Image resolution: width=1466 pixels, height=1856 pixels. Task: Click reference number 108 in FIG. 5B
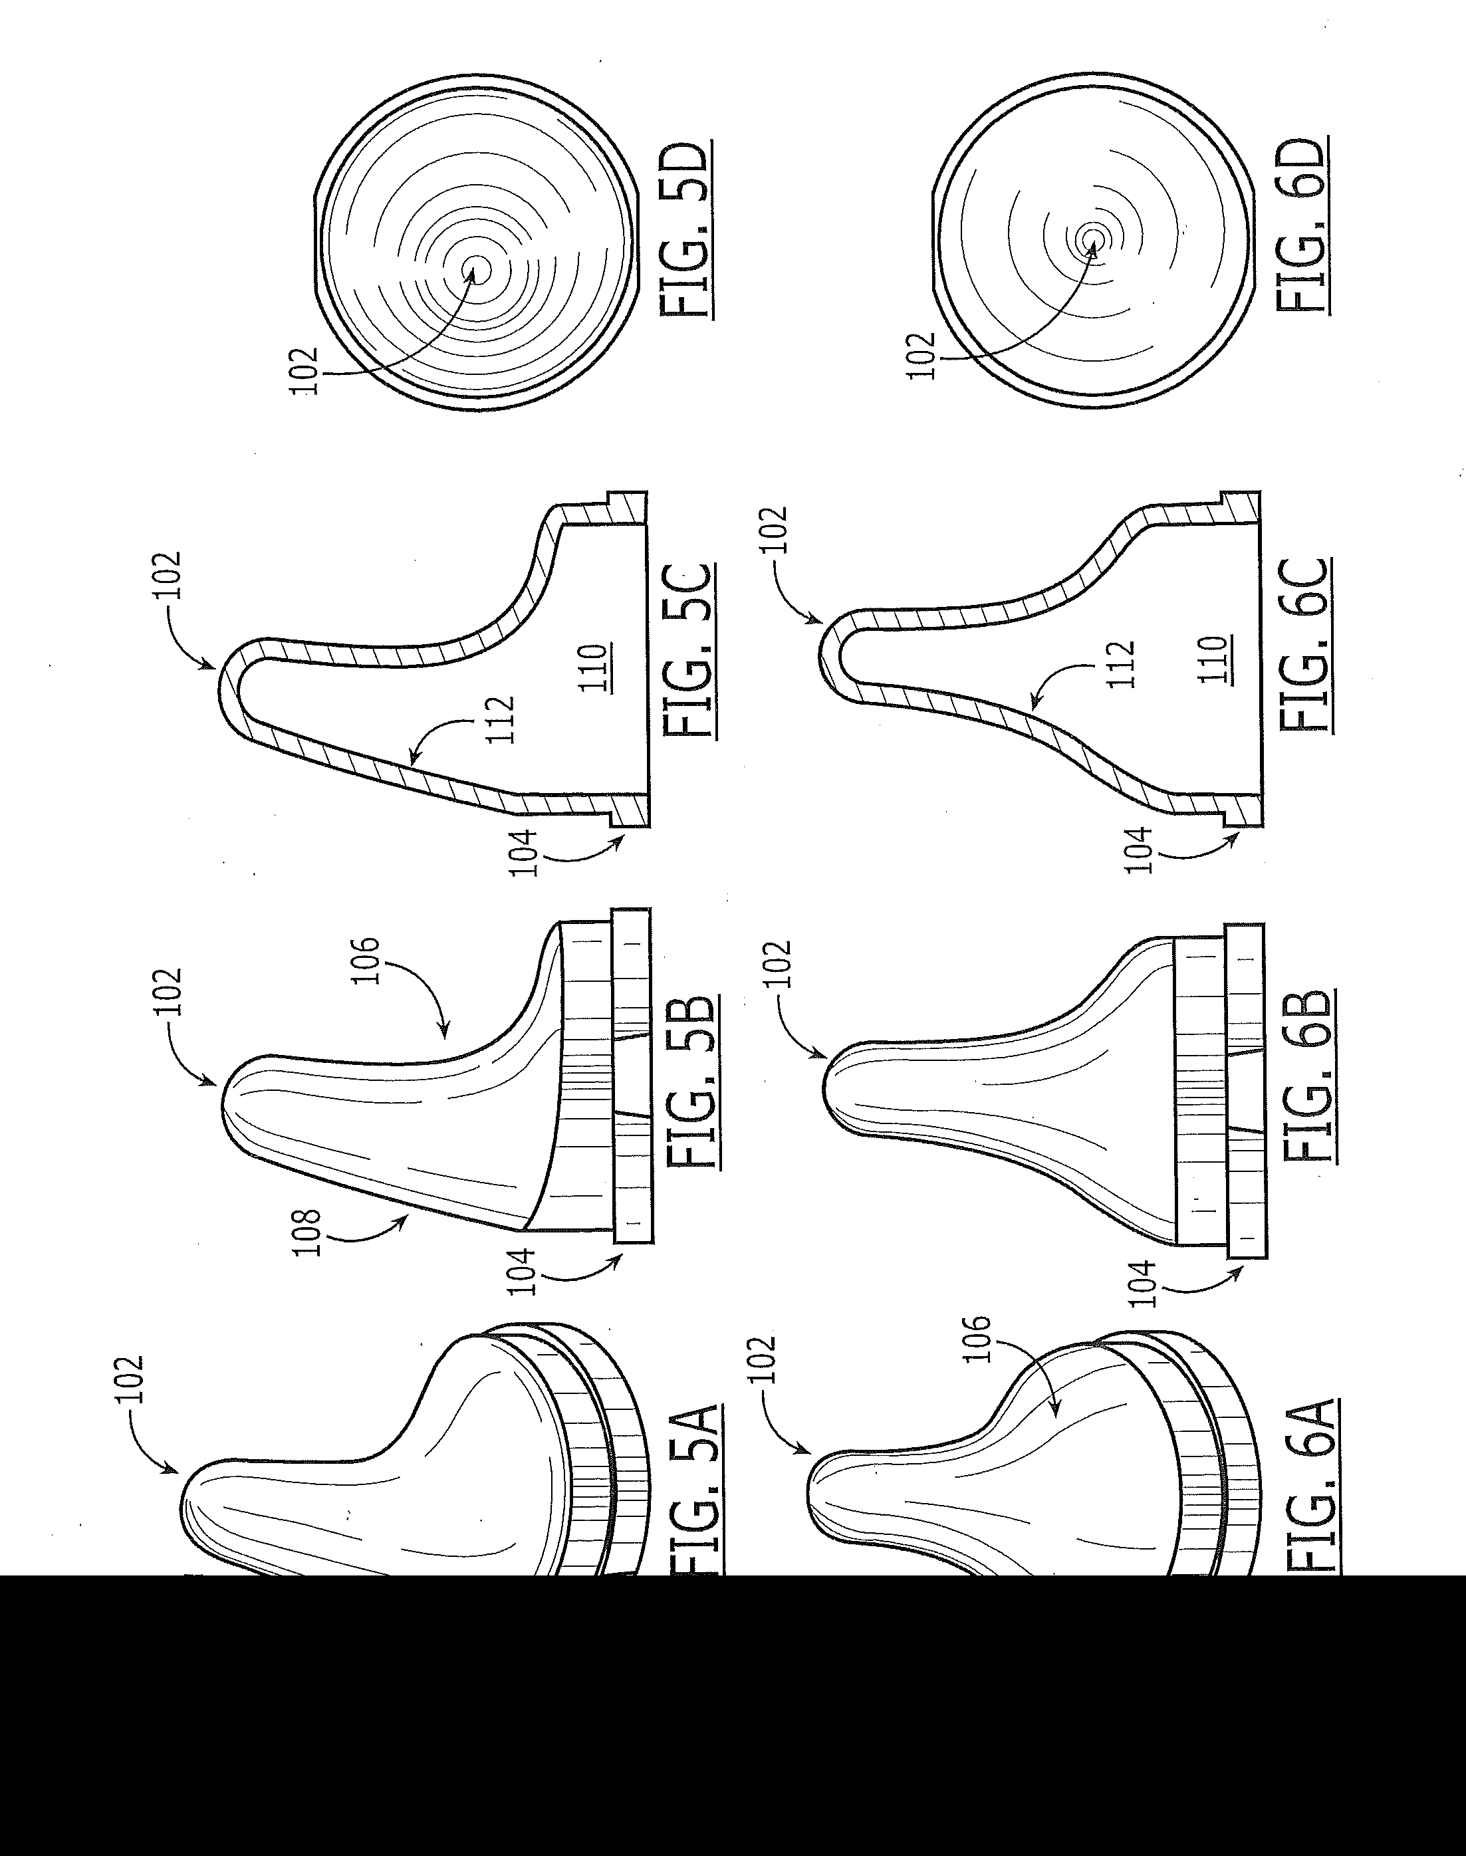[x=307, y=1232]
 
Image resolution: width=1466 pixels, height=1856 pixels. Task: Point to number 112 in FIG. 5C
[x=499, y=719]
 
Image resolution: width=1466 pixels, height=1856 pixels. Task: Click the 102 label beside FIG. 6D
[x=920, y=354]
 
